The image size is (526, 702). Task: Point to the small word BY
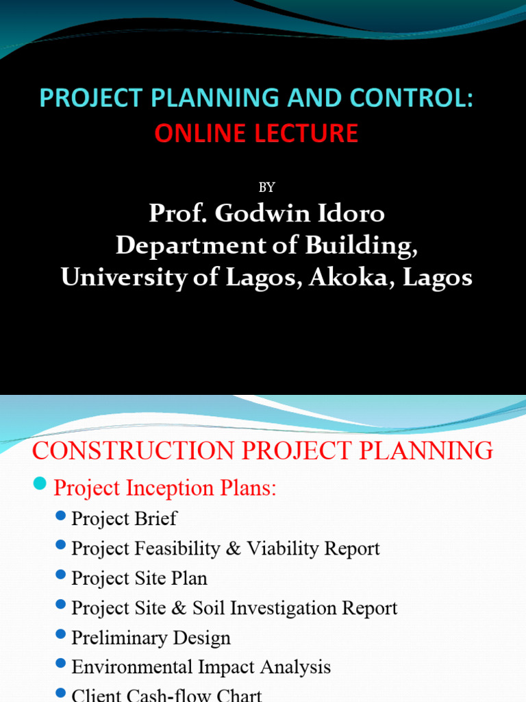267,188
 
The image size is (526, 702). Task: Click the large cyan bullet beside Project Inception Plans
40,485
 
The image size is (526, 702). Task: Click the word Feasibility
181,548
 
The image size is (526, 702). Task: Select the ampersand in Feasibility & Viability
235,548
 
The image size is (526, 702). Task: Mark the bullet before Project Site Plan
62,575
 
